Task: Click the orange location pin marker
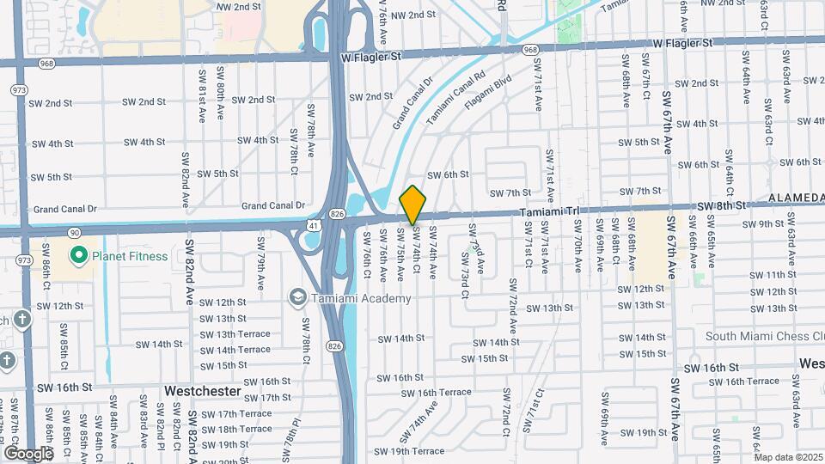point(413,205)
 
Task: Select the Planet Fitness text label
point(129,255)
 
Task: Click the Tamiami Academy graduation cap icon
point(297,296)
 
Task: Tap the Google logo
point(28,453)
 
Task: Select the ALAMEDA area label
point(796,198)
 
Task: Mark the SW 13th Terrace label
point(235,334)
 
